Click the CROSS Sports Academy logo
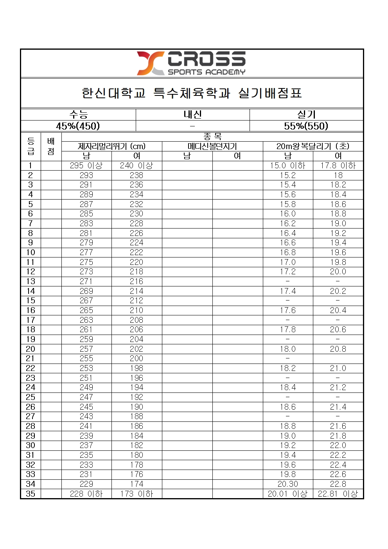(x=191, y=63)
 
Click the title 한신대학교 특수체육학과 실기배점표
(x=192, y=93)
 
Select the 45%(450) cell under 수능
(x=78, y=126)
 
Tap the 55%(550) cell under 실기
(x=306, y=126)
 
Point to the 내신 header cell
(x=192, y=114)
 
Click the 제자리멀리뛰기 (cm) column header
(x=111, y=146)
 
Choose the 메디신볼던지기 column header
(x=212, y=146)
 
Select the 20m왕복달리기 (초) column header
(x=313, y=146)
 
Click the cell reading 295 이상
(x=86, y=166)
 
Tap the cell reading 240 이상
(x=137, y=166)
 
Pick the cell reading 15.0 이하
(x=288, y=166)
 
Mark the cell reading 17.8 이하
(x=338, y=166)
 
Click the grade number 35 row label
(x=31, y=494)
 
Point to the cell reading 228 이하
(x=86, y=494)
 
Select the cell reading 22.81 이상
(x=338, y=494)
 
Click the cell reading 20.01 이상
(x=288, y=494)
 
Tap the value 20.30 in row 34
(x=288, y=484)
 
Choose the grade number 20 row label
(x=31, y=349)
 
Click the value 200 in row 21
(x=137, y=358)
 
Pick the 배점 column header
(x=51, y=146)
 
